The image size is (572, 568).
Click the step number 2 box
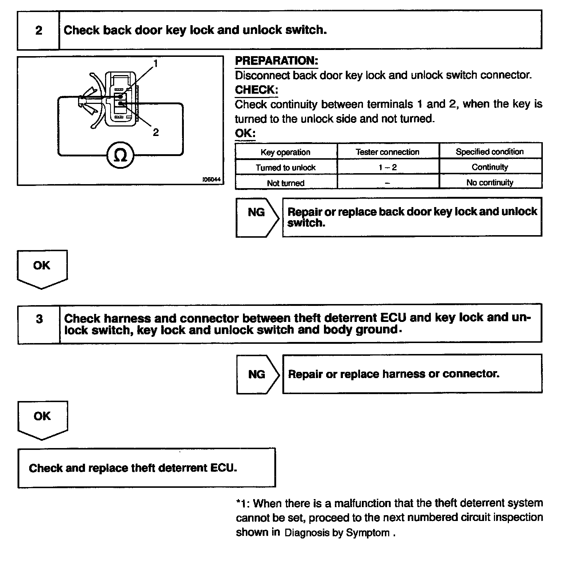(38, 30)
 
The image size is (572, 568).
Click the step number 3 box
(39, 319)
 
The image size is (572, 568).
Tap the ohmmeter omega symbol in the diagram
(120, 156)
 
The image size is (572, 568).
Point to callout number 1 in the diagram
(156, 63)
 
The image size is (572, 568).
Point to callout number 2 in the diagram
(156, 132)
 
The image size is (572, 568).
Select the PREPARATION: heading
(276, 61)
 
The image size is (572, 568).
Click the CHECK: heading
(256, 90)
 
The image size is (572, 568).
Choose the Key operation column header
(285, 152)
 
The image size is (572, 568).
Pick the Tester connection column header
(387, 152)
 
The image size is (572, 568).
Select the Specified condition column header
(490, 152)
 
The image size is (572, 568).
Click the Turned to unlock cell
(285, 167)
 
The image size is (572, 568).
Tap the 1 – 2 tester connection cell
(387, 167)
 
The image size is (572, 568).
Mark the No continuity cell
(490, 183)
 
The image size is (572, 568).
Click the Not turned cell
(285, 183)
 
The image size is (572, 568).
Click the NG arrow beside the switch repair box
(257, 212)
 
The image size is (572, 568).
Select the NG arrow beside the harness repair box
(257, 374)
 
